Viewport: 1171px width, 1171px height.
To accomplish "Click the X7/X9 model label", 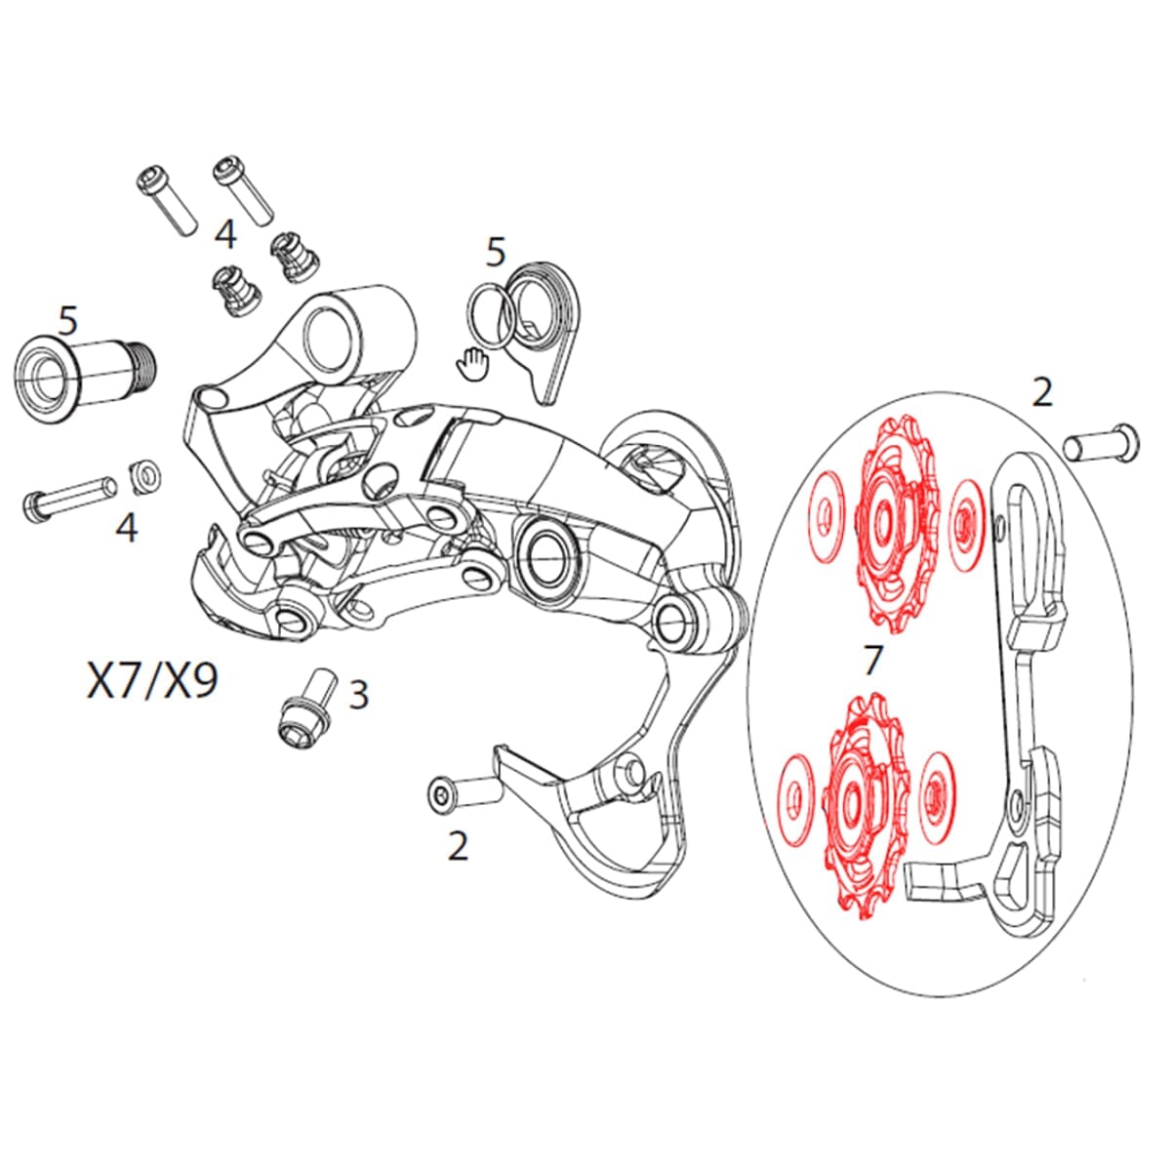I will tap(151, 681).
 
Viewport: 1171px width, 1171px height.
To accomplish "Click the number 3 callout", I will tap(359, 696).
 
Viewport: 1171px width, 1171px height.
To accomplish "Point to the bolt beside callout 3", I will tap(306, 707).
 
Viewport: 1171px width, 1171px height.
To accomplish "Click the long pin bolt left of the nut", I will tap(72, 495).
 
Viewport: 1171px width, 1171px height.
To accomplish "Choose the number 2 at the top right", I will tap(1042, 393).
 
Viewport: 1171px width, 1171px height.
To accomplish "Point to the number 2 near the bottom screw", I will tap(458, 845).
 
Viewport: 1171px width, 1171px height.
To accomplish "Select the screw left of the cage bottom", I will tap(464, 792).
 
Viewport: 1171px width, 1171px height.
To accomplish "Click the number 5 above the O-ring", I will tap(496, 253).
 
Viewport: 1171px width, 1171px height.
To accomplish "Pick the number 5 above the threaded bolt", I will tap(67, 318).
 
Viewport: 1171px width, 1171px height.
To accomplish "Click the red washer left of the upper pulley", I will tap(825, 518).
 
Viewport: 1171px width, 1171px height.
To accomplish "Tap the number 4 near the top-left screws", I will tap(225, 234).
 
